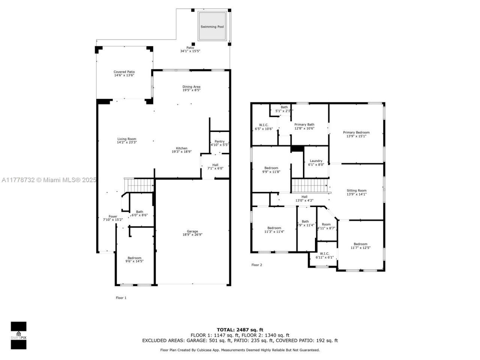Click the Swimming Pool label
pos(212,27)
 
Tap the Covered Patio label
pos(124,72)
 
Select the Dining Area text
pos(191,87)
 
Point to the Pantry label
pos(219,141)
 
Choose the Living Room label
pos(127,139)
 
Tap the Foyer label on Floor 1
pos(113,216)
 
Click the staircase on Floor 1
pos(140,185)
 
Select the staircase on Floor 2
pos(310,185)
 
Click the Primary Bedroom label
pos(356,132)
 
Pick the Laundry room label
pos(316,161)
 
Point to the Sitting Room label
pos(357,190)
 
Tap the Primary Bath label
pos(304,124)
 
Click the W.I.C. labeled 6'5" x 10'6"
pos(264,125)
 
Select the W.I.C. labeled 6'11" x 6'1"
pos(324,253)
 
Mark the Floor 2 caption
pos(256,265)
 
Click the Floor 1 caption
pos(121,298)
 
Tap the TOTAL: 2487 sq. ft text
pos(240,330)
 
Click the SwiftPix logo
pos(18,335)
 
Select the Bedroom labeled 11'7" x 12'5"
pos(360,244)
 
